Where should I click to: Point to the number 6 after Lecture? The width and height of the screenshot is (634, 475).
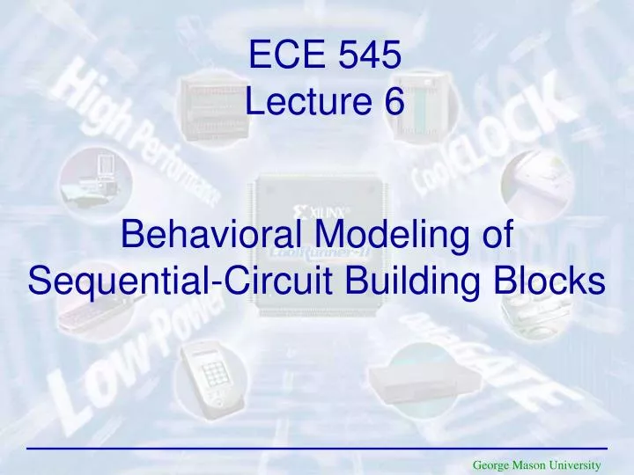393,103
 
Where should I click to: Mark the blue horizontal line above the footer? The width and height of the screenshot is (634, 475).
317,449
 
